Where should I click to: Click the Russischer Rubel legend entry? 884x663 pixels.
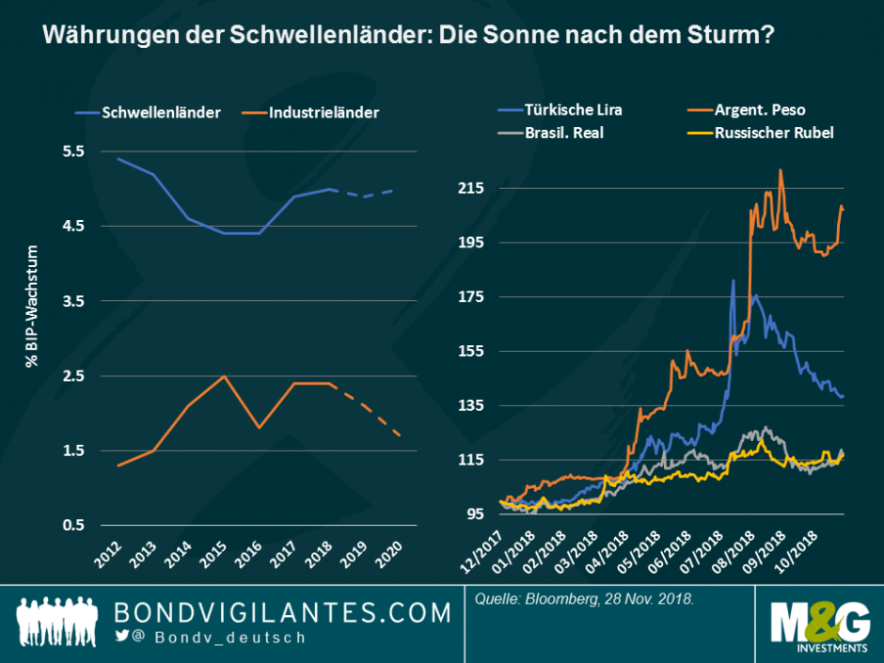pyautogui.click(x=773, y=133)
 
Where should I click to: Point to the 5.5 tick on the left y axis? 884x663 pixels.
pyautogui.click(x=73, y=151)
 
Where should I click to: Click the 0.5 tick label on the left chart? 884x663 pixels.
pyautogui.click(x=73, y=525)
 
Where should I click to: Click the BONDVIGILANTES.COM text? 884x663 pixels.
pyautogui.click(x=282, y=613)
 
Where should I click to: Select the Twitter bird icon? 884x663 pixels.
pyautogui.click(x=121, y=637)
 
